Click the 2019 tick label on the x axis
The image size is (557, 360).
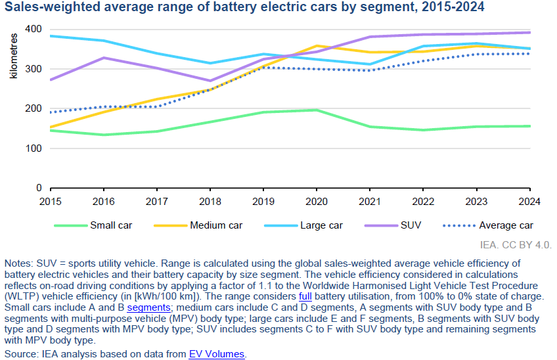click(x=263, y=202)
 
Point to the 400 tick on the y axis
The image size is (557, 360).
click(x=33, y=29)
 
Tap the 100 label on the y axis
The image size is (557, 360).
click(x=33, y=148)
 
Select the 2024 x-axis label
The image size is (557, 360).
click(x=529, y=202)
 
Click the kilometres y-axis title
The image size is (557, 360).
click(x=14, y=56)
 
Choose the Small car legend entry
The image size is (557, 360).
click(x=93, y=225)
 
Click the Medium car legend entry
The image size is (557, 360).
click(x=198, y=225)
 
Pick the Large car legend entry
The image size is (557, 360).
click(x=303, y=225)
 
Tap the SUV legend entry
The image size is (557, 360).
click(x=393, y=225)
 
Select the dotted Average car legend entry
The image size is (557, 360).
click(x=488, y=225)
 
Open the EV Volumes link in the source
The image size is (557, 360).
click(x=217, y=354)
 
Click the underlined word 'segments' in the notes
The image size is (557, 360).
click(x=149, y=307)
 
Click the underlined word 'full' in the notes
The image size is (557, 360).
click(x=305, y=296)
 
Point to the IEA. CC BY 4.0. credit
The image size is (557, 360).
click(x=516, y=245)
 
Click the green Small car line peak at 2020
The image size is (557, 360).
click(x=317, y=110)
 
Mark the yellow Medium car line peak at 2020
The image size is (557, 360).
click(x=317, y=46)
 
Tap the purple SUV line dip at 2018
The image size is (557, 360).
click(x=210, y=81)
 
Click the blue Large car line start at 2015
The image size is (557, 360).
click(x=51, y=36)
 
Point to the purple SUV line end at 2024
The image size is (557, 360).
click(x=529, y=32)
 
